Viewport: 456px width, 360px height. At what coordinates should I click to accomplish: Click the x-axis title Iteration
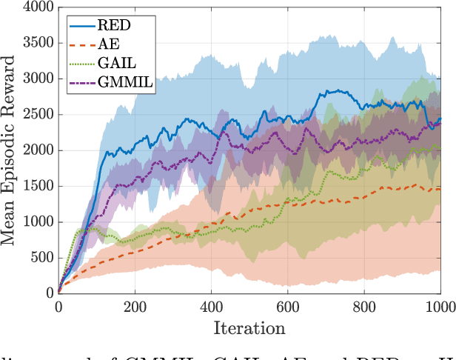(x=249, y=327)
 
